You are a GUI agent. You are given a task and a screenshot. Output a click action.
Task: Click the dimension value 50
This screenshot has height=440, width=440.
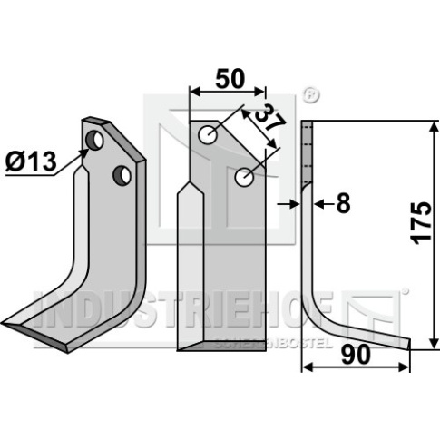(230, 79)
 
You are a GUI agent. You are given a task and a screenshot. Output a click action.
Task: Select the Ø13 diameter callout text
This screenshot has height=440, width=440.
(31, 161)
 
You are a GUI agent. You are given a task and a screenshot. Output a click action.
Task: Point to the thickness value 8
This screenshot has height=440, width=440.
(343, 203)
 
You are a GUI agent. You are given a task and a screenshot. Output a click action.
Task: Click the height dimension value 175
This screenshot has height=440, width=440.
(421, 223)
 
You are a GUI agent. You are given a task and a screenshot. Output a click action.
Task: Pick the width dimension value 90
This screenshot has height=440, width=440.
(356, 355)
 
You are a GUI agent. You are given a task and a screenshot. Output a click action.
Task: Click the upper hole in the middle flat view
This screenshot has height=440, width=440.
(208, 135)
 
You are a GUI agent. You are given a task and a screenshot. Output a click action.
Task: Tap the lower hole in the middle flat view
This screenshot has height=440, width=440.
(244, 177)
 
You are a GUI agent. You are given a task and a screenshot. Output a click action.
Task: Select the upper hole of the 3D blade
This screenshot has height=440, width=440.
(94, 140)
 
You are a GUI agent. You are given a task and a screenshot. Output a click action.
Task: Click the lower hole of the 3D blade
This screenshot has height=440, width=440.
(122, 175)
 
